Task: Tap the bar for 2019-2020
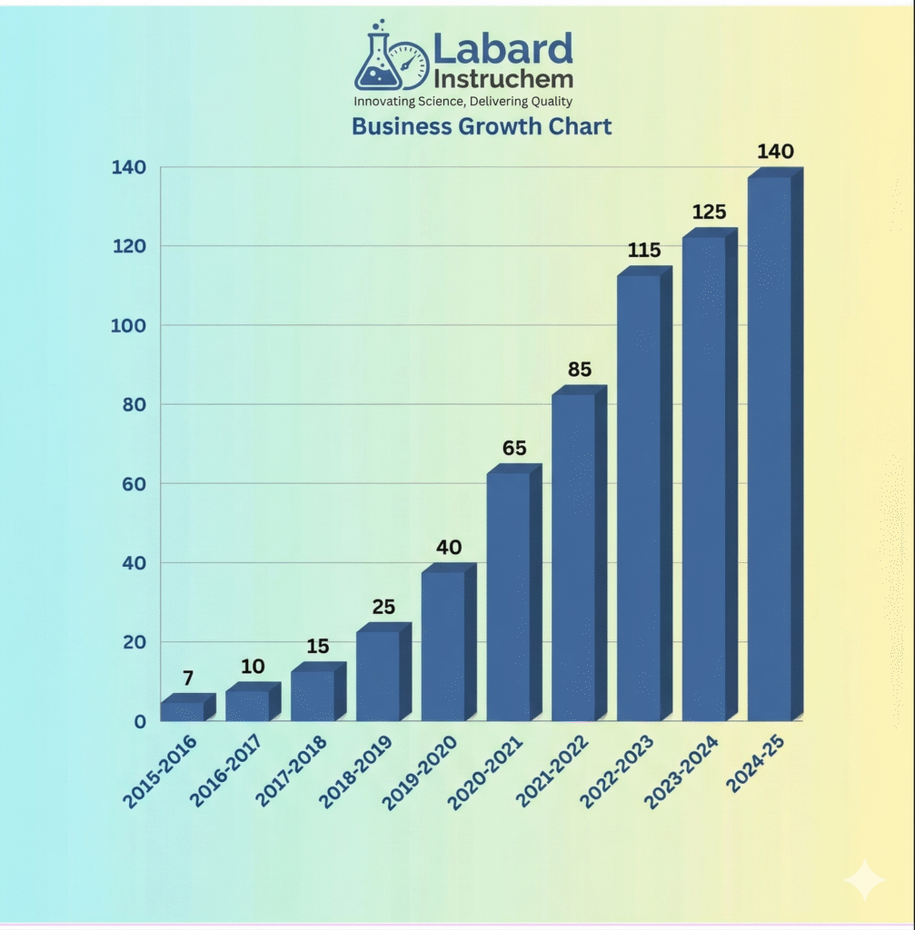click(x=443, y=646)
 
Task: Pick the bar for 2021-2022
click(x=573, y=557)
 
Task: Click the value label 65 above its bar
click(x=513, y=448)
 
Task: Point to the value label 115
click(x=644, y=250)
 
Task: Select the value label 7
click(x=188, y=678)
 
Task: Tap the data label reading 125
click(x=709, y=212)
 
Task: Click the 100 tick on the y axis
click(x=128, y=325)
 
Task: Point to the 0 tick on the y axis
click(x=140, y=721)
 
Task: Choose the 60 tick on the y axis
click(x=133, y=483)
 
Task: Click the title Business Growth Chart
click(x=482, y=125)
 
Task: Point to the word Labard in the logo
click(x=502, y=48)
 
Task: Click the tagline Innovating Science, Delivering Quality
click(x=463, y=101)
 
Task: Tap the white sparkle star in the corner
click(x=864, y=879)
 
